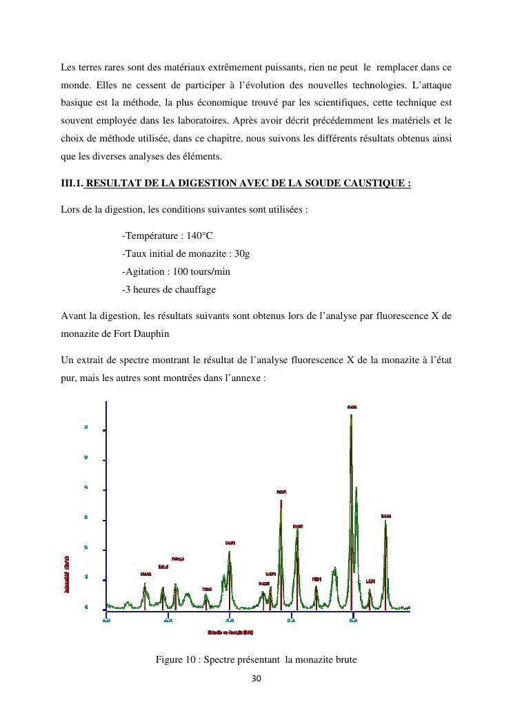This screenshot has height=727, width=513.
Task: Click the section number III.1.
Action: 72,183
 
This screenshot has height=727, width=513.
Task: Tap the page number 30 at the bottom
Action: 256,679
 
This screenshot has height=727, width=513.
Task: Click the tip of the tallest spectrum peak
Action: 351,415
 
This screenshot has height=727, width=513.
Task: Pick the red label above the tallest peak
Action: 352,407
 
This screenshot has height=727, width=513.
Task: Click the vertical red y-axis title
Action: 66,574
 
